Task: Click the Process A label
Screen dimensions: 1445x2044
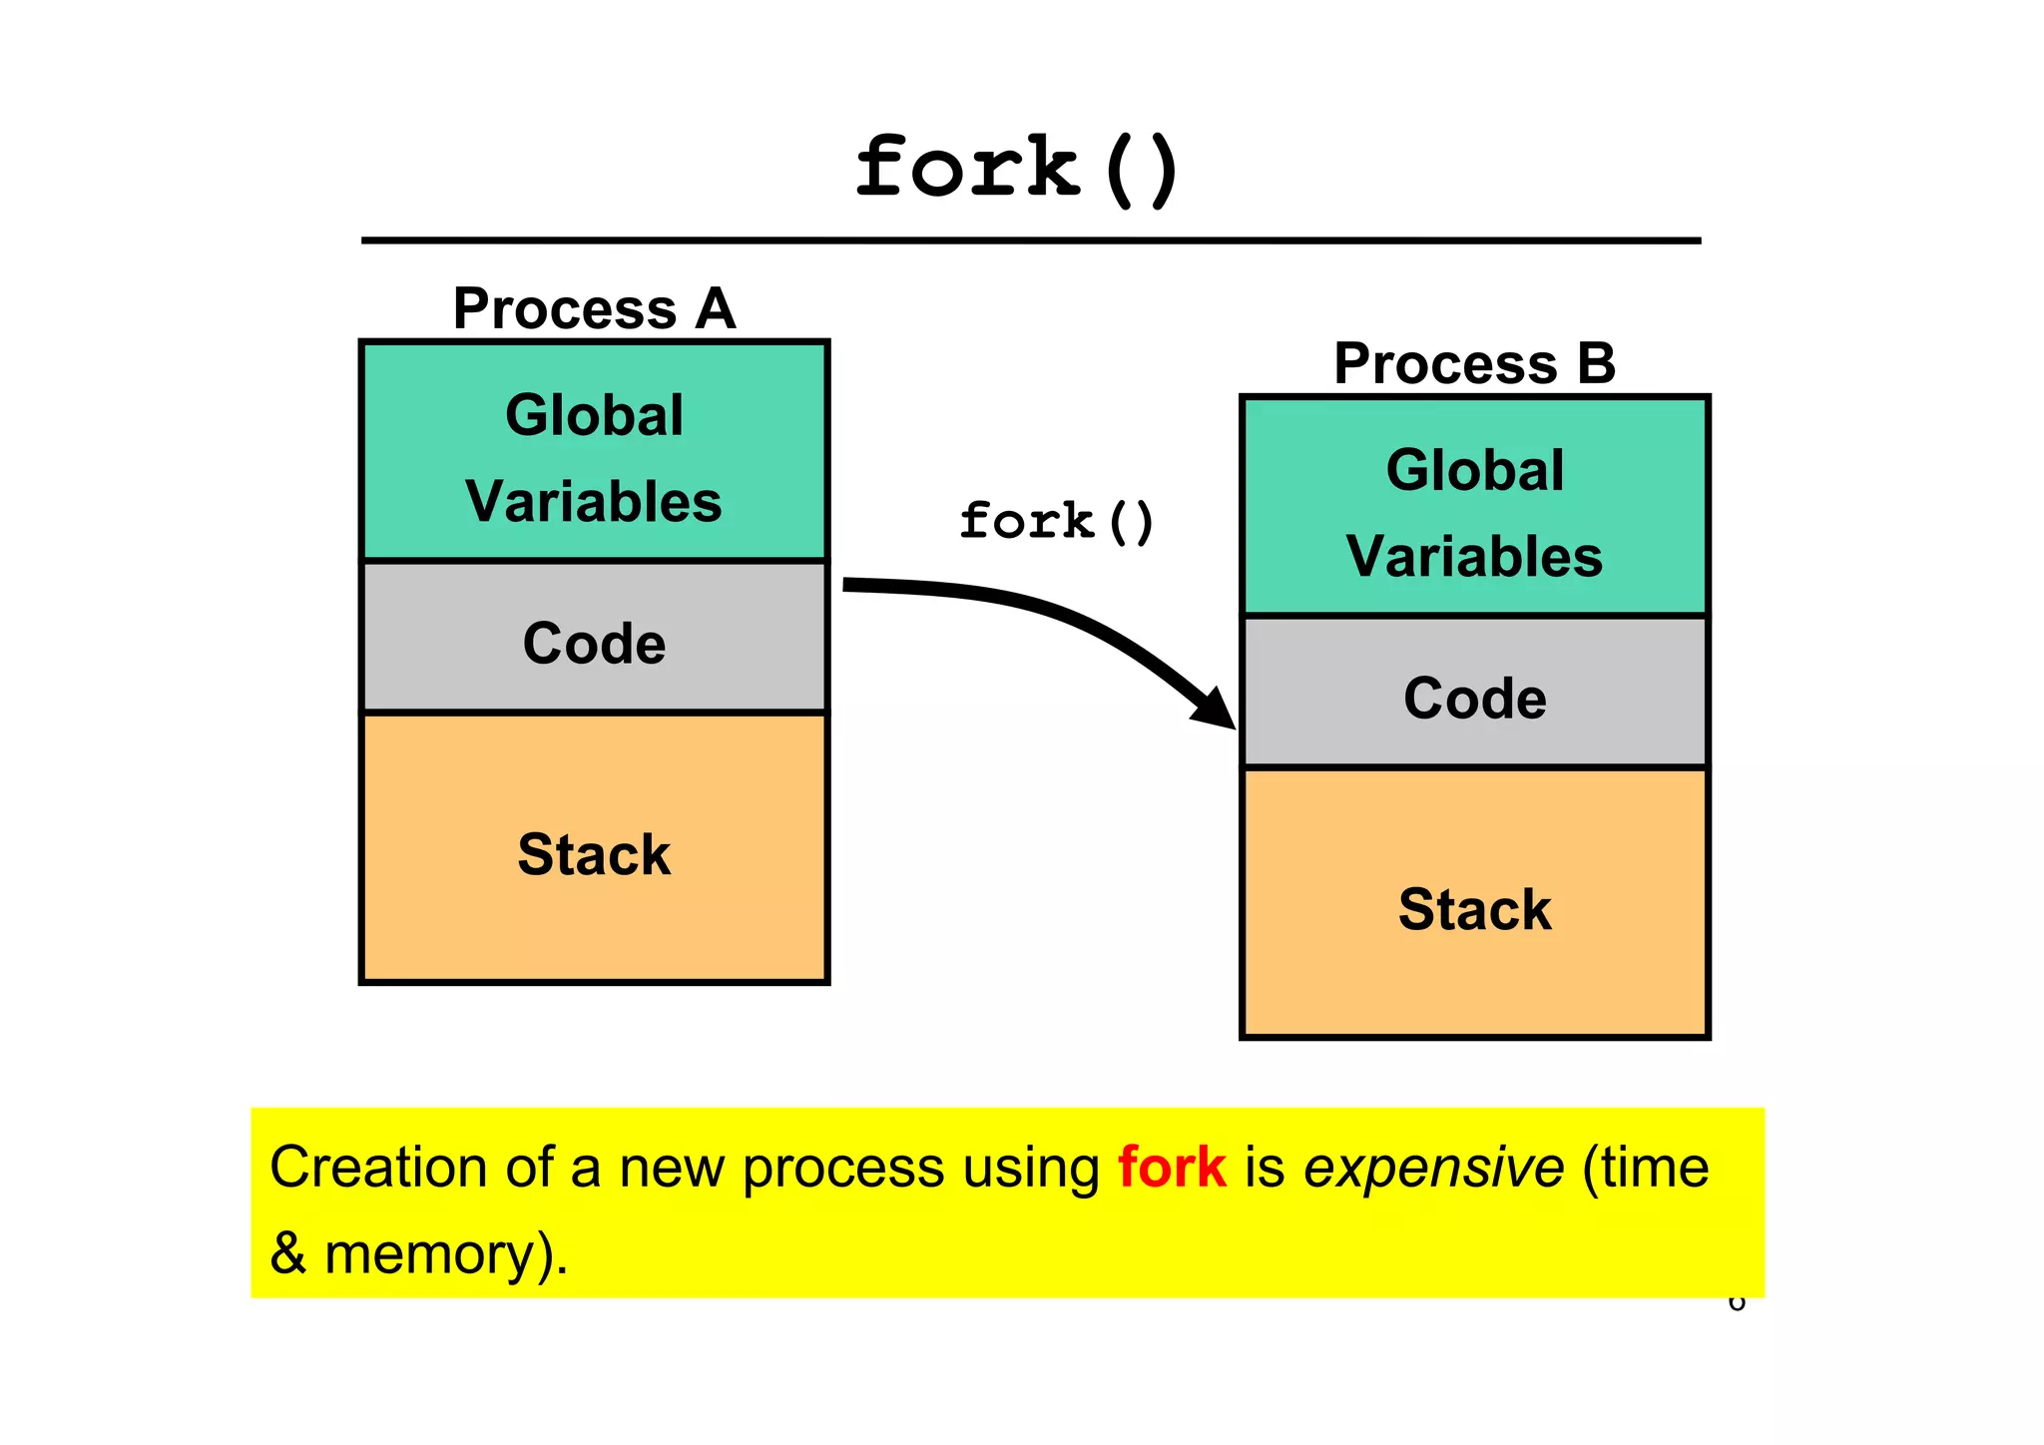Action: pos(594,308)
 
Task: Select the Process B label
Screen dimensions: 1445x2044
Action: pos(1474,363)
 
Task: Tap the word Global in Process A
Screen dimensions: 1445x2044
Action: pos(594,415)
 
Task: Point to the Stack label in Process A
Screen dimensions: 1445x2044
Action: pos(594,854)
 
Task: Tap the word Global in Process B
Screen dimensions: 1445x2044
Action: pos(1474,470)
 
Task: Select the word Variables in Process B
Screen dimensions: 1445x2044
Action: pos(1474,556)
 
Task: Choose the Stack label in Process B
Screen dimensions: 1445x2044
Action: pos(1474,909)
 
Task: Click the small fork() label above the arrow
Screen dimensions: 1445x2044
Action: pos(1056,522)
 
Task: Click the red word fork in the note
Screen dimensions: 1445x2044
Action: pos(1171,1167)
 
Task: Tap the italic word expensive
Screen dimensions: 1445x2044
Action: pos(1433,1169)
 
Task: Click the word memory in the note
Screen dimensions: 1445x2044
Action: pos(428,1254)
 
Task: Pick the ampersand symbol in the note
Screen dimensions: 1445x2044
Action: pos(287,1253)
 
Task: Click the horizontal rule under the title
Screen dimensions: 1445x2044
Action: pos(1030,241)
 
